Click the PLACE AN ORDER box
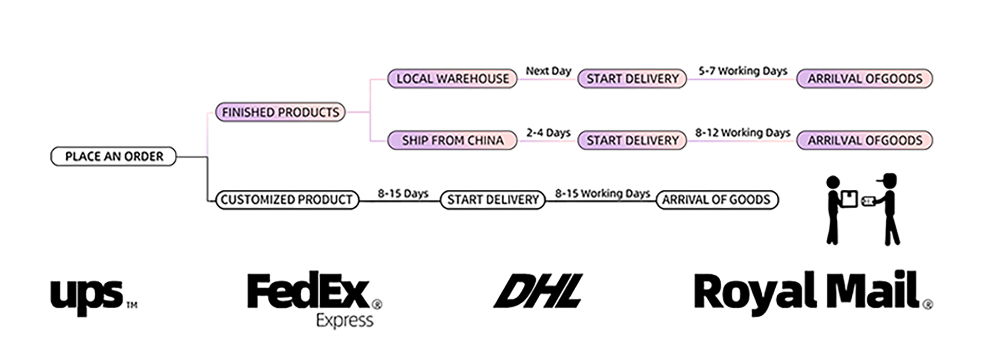coord(114,156)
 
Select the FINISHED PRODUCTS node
coord(280,112)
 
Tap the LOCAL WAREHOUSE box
coord(452,79)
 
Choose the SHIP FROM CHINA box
coord(452,140)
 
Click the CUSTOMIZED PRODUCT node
coord(287,200)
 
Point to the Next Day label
coord(548,71)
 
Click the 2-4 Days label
coord(548,133)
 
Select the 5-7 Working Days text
coord(742,71)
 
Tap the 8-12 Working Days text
coord(742,133)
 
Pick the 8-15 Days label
coord(403,193)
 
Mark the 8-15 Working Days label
coord(602,193)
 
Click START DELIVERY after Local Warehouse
coord(632,79)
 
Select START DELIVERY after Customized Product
coord(493,200)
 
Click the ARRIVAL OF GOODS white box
coord(717,200)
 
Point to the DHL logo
coord(539,291)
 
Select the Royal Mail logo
coord(807,291)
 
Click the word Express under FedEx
coord(344,320)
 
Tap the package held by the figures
coord(849,199)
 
